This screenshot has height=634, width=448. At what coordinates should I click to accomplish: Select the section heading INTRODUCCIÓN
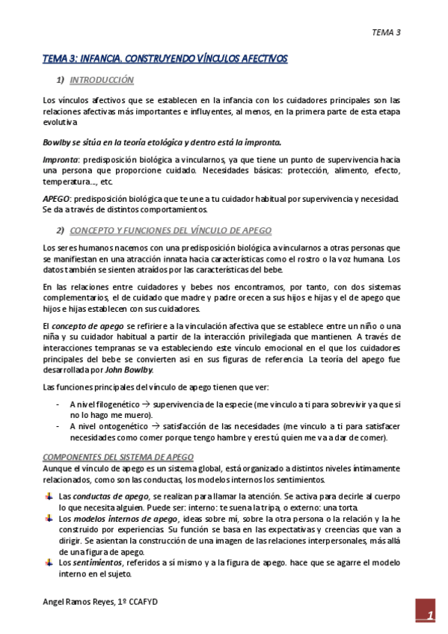coord(101,79)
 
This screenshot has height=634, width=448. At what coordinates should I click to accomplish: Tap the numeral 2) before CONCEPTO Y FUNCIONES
coord(61,230)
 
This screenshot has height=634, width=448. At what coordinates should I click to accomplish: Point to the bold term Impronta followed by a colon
coord(60,160)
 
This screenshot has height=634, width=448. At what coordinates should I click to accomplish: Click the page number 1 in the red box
coord(430,615)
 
